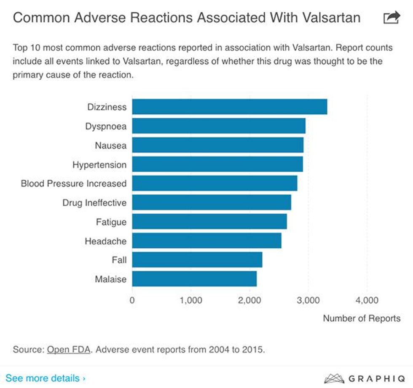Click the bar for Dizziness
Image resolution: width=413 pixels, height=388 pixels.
tap(229, 107)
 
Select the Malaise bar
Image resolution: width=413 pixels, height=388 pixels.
tap(194, 279)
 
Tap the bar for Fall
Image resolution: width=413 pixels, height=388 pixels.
tap(197, 260)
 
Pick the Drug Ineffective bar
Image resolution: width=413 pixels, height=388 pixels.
tap(211, 202)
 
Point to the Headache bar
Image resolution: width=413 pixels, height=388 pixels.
tap(206, 241)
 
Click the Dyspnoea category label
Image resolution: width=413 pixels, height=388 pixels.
tap(105, 126)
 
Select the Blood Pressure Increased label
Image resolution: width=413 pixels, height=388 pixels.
tap(74, 183)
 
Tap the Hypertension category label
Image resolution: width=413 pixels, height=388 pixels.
tap(99, 164)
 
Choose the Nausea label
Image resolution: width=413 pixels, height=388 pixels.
tap(110, 145)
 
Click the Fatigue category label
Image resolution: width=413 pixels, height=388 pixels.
tap(111, 222)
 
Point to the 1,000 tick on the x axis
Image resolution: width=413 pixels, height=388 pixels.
tap(190, 300)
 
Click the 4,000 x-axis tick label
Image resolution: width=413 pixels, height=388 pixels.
tap(367, 300)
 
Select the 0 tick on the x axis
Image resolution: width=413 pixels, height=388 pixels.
tap(132, 300)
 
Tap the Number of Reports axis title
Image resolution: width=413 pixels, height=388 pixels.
tap(362, 318)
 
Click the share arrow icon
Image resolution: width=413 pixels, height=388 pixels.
tap(391, 18)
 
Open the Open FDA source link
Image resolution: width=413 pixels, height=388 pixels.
tap(69, 349)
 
